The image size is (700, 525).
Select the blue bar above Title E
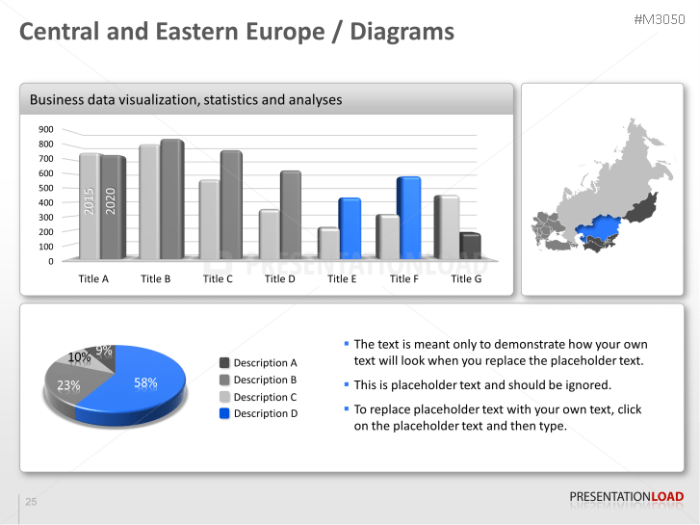pos(349,228)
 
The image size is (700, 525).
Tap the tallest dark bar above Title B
pos(171,199)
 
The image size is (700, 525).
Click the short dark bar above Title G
pos(470,247)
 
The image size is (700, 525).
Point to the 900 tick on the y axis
pos(46,129)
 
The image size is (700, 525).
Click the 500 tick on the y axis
pos(46,188)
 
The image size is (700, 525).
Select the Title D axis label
pos(279,278)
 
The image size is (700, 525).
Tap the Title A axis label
pos(93,278)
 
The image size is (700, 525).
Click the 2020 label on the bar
pos(111,201)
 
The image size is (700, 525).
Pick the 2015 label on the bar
pos(90,201)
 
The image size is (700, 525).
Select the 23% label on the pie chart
pos(68,385)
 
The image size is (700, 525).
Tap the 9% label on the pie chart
pos(103,351)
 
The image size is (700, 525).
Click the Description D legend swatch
pos(224,413)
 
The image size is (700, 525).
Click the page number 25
pos(31,502)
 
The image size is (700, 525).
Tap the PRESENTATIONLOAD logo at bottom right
pos(626,497)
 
